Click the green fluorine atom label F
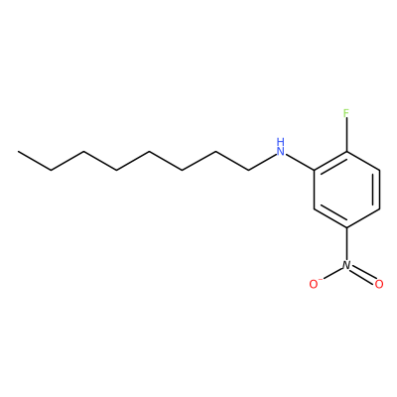tap(346, 113)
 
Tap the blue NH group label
tap(281, 148)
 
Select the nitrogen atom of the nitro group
tap(346, 265)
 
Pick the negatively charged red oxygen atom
tap(314, 284)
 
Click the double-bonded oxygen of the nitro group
tap(379, 284)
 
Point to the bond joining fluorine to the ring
tap(346, 136)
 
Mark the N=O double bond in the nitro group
tap(363, 274)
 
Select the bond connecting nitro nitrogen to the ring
tap(346, 243)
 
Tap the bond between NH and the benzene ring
tap(300, 163)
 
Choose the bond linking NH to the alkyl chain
tap(262, 163)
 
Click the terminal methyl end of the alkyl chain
tap(19, 152)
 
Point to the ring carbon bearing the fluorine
tap(346, 152)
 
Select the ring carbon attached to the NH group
tap(314, 171)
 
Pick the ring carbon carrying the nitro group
tap(346, 227)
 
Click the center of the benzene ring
tap(346, 190)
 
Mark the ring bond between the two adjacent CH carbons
tap(380, 190)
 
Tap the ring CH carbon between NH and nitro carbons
tap(314, 208)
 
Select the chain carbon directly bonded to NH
tap(248, 171)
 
